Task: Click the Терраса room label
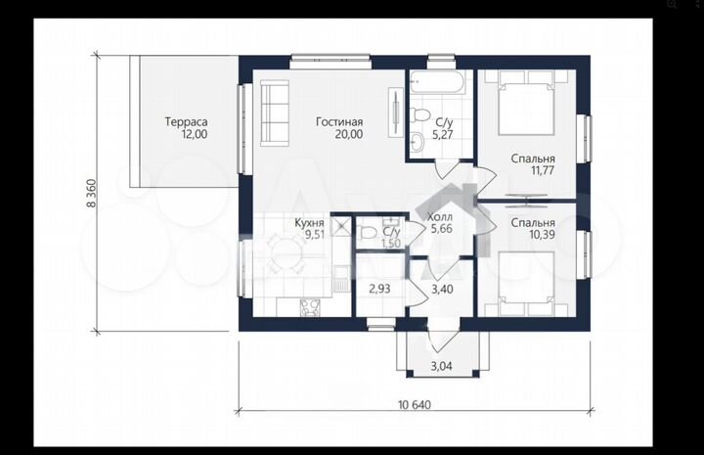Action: [x=187, y=121]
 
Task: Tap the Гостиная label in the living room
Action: [x=339, y=121]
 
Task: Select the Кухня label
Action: [x=309, y=223]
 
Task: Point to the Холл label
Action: [x=440, y=217]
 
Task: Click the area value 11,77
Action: [x=543, y=170]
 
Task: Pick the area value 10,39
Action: [x=543, y=235]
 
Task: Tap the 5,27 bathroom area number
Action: [x=442, y=134]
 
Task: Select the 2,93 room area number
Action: [x=379, y=290]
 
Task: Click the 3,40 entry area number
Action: [x=442, y=290]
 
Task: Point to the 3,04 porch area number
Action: [x=442, y=366]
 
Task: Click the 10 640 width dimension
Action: [x=415, y=405]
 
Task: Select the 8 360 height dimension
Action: [x=91, y=193]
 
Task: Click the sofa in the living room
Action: [x=275, y=113]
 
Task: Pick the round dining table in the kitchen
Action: [x=285, y=252]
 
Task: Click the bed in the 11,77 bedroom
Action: [x=527, y=103]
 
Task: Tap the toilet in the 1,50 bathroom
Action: [x=367, y=233]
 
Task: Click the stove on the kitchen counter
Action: [x=311, y=307]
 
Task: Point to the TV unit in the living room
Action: [x=396, y=113]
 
